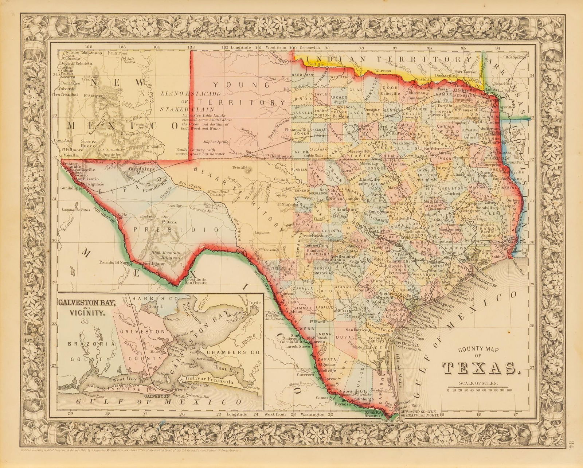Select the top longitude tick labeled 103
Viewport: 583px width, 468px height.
coord(190,47)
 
